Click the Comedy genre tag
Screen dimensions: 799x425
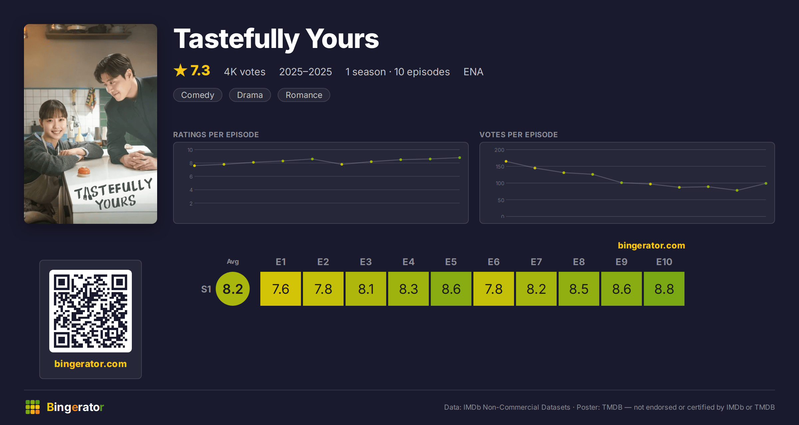click(198, 95)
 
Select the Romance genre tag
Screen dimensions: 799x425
click(304, 95)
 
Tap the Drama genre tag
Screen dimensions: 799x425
click(250, 95)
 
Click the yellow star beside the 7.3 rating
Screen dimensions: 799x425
click(180, 70)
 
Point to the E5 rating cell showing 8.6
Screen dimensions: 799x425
click(451, 289)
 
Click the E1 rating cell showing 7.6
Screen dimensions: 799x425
click(281, 289)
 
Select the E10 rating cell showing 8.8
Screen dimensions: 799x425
click(664, 289)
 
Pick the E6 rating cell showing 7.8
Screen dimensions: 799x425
click(494, 289)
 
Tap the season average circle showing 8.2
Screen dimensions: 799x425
click(233, 289)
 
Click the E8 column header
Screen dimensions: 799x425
click(579, 262)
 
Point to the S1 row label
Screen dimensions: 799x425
click(206, 289)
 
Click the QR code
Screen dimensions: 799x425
click(91, 311)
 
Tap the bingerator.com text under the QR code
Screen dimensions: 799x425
click(91, 364)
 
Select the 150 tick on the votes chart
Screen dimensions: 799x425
click(500, 167)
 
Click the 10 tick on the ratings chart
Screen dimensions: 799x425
click(190, 150)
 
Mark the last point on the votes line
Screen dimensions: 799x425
click(766, 184)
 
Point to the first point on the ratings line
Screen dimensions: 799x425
click(194, 166)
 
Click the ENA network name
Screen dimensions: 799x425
click(473, 72)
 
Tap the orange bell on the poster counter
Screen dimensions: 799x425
click(84, 171)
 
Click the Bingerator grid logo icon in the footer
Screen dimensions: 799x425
click(33, 407)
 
